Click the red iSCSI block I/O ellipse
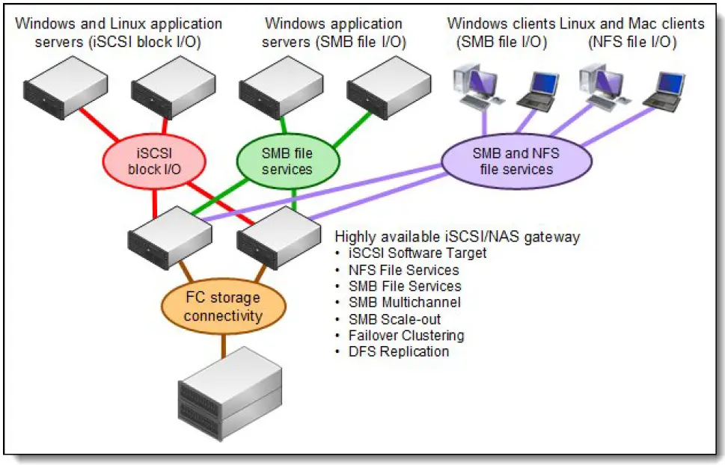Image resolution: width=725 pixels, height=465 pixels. [x=154, y=162]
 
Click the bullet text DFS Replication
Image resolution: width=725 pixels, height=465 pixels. [x=399, y=351]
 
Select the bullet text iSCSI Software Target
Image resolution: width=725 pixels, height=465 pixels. [x=417, y=253]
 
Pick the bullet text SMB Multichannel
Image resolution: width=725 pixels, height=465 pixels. [x=404, y=302]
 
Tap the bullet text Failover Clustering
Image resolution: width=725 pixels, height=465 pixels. [x=406, y=335]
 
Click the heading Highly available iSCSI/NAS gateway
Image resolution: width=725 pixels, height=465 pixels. [x=457, y=237]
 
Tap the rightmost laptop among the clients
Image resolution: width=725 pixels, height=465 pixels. [x=663, y=92]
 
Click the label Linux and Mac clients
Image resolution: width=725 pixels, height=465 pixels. [x=631, y=24]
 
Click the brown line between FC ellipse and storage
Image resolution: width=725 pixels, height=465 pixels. [x=222, y=346]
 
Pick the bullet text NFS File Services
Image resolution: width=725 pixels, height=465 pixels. [x=403, y=269]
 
